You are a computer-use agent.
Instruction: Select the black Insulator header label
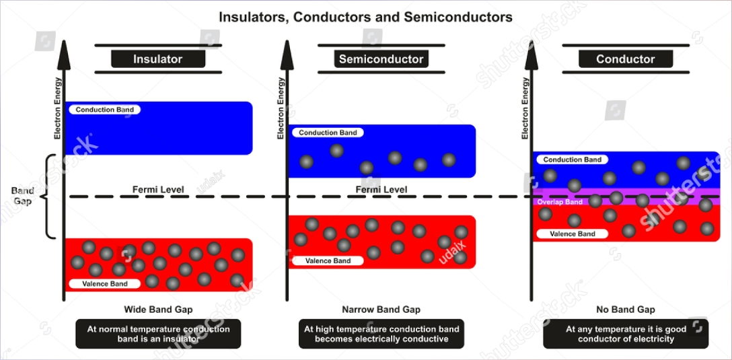(x=157, y=59)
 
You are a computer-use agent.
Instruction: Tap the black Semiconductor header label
(x=381, y=59)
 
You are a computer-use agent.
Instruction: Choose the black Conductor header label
(x=625, y=59)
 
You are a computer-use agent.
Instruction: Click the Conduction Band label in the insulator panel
(x=104, y=110)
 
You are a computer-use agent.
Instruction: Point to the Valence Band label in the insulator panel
(x=104, y=284)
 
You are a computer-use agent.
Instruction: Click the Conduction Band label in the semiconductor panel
(x=328, y=133)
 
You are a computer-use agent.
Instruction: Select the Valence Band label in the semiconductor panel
(x=328, y=260)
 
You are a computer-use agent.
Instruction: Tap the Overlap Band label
(x=559, y=202)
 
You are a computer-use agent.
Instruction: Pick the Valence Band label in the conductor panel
(x=573, y=234)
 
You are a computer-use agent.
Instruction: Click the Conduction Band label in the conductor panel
(x=572, y=160)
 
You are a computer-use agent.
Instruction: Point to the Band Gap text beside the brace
(x=22, y=196)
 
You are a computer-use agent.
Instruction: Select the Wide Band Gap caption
(x=158, y=310)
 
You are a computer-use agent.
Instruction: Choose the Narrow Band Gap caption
(x=381, y=310)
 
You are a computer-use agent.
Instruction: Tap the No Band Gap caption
(x=625, y=310)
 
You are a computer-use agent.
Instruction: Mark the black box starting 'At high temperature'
(x=381, y=334)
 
